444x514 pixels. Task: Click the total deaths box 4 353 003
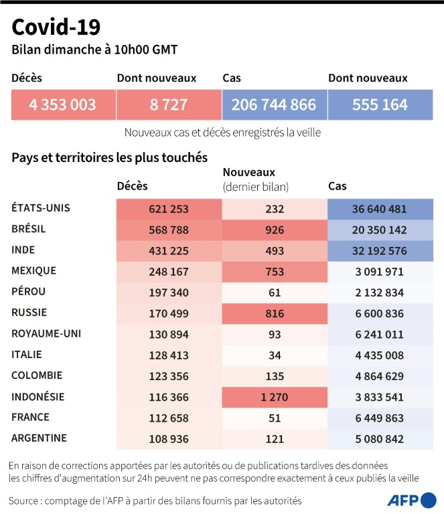click(63, 105)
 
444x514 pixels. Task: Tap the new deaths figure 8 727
click(168, 105)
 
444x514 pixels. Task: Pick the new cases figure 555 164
click(380, 105)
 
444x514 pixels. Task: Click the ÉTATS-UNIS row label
click(41, 208)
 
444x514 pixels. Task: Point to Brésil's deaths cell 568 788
click(168, 230)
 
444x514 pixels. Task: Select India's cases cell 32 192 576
click(379, 250)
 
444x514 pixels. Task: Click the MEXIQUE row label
click(34, 271)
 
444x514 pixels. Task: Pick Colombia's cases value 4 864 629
click(379, 375)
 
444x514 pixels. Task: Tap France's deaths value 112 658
click(168, 418)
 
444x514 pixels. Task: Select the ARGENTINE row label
click(39, 438)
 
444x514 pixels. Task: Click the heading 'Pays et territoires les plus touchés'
click(110, 157)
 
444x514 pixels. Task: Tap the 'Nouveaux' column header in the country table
click(248, 173)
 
